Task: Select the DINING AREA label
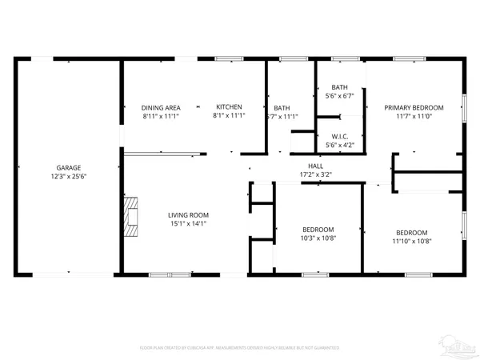coord(160,107)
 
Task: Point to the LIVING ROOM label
coord(188,214)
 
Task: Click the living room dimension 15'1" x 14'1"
coord(188,224)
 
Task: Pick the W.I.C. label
coord(340,137)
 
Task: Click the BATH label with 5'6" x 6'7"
coord(340,87)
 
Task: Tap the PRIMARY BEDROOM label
coord(414,107)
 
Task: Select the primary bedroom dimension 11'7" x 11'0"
coord(414,116)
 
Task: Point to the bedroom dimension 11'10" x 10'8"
coord(413,242)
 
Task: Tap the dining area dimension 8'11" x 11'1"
coord(160,116)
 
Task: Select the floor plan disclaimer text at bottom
coord(240,348)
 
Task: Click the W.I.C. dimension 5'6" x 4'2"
coord(340,146)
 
